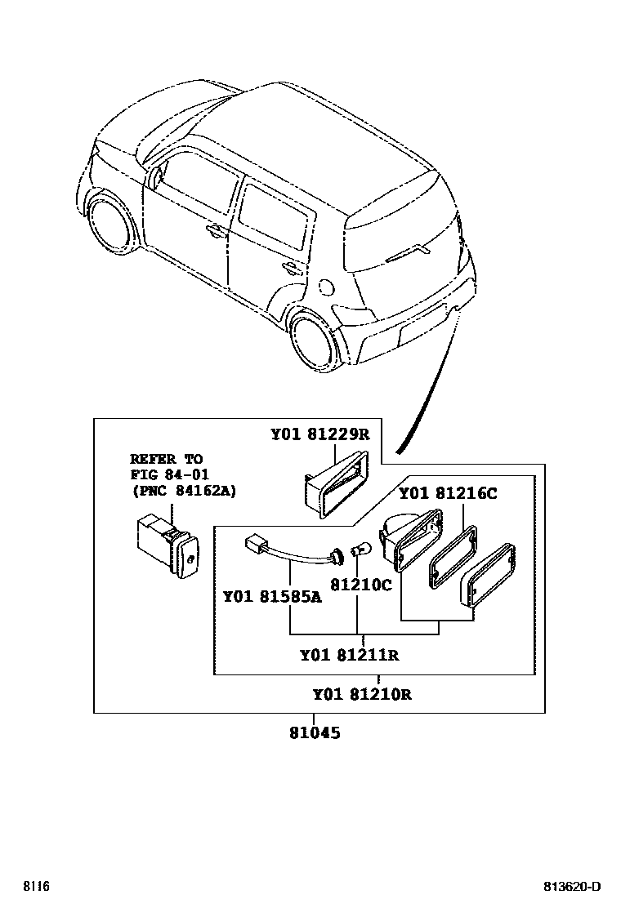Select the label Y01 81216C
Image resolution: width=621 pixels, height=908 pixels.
[x=447, y=493]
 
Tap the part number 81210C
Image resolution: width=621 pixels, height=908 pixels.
[x=360, y=585]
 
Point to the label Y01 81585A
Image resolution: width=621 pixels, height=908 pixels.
[x=272, y=597]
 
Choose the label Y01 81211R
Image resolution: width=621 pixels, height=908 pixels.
[x=349, y=655]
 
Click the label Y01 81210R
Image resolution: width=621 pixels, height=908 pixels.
[x=361, y=695]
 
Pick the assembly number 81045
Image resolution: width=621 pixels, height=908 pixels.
[x=314, y=733]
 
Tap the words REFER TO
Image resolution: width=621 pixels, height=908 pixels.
[x=166, y=459]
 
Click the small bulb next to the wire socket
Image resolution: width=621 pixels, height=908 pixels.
[x=358, y=552]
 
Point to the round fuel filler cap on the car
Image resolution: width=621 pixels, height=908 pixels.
[x=324, y=287]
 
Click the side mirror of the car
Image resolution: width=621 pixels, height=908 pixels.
[x=154, y=179]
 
